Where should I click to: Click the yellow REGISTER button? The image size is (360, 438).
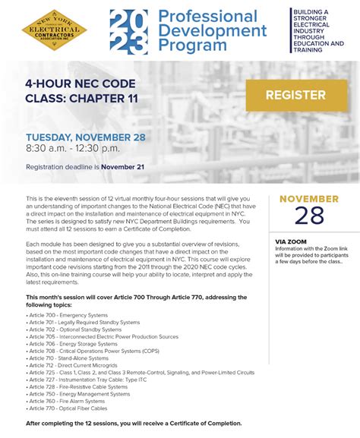(x=295, y=96)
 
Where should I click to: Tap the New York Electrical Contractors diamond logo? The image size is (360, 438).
(x=54, y=31)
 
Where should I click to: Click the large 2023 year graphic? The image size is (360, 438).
(x=128, y=32)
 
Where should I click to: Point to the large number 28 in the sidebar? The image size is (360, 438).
(x=309, y=216)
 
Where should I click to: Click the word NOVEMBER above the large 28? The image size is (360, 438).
(x=309, y=199)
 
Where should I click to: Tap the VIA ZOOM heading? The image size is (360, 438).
(x=292, y=241)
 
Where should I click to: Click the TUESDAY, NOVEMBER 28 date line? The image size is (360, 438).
(x=86, y=138)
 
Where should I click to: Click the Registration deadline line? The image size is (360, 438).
(x=85, y=167)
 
